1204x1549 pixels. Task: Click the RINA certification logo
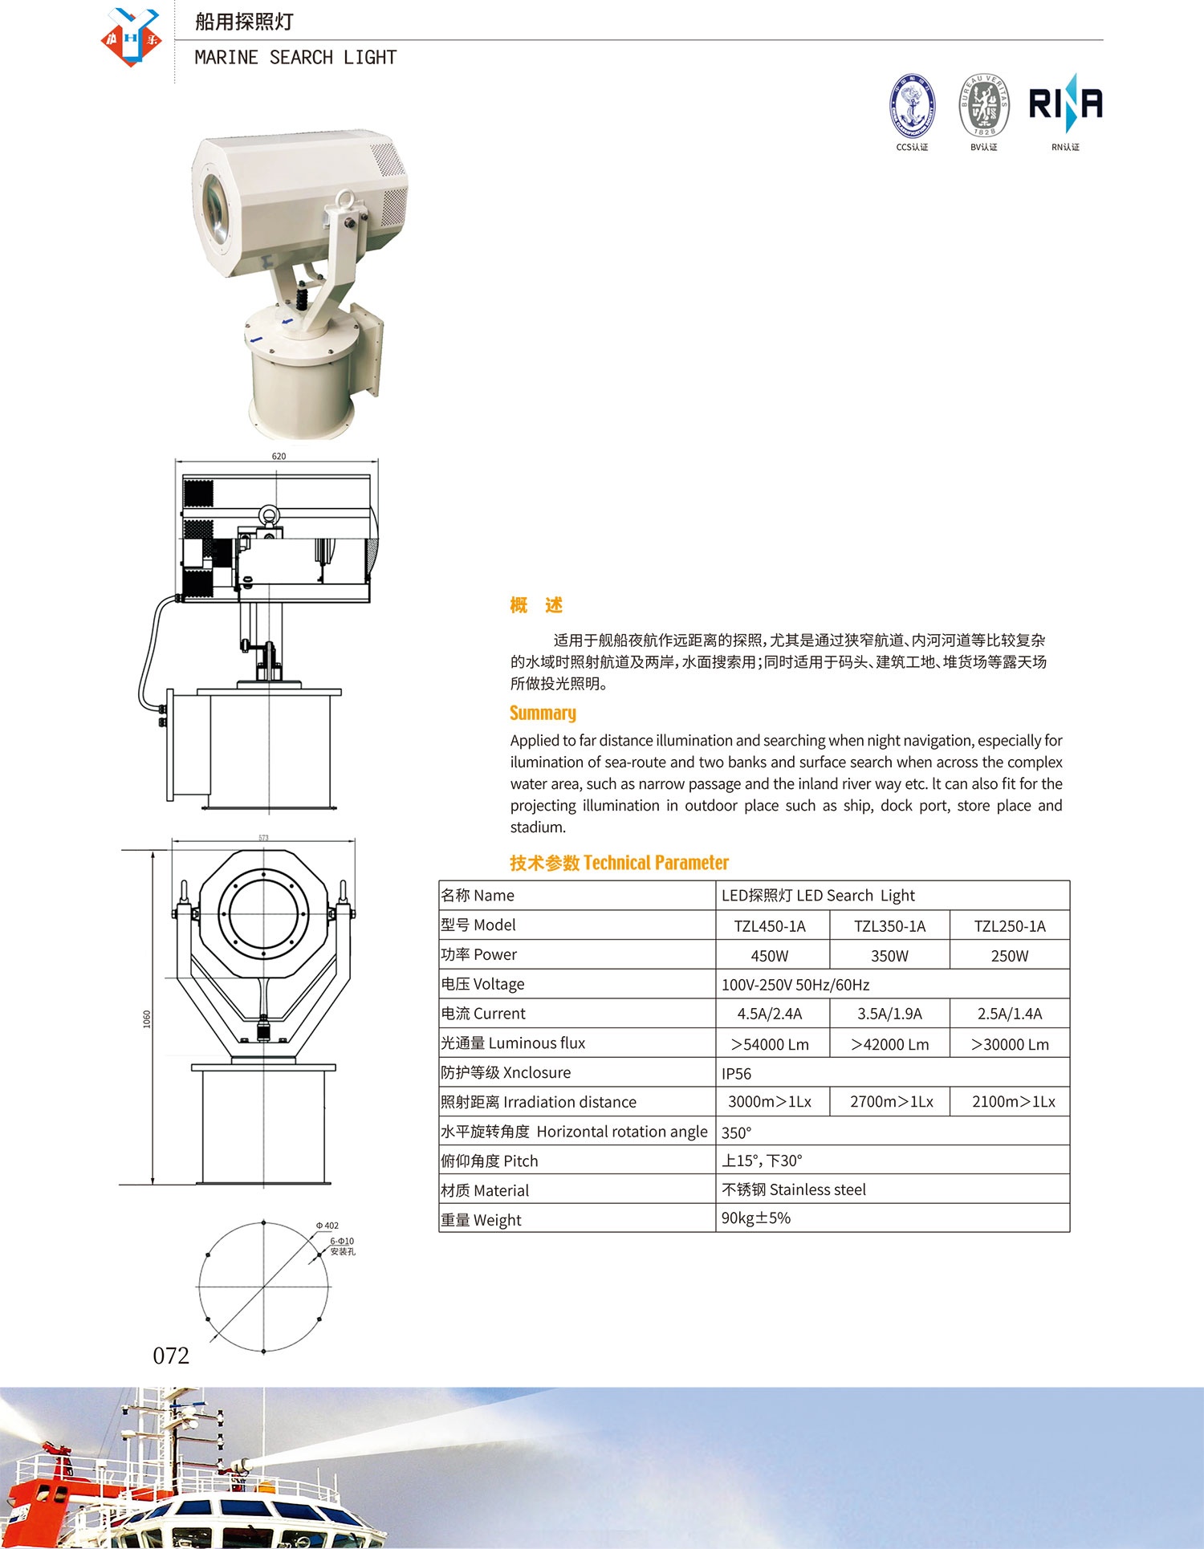tap(1065, 104)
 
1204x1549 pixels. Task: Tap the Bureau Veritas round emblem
tap(983, 105)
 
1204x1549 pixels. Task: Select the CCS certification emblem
tap(912, 105)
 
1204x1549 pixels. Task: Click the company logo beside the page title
tap(131, 37)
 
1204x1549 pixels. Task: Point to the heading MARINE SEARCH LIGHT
tap(295, 58)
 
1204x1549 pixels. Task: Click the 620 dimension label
tap(279, 456)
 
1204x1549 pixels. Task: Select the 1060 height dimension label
tap(147, 1019)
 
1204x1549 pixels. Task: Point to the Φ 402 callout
tap(327, 1226)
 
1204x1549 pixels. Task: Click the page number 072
tap(171, 1356)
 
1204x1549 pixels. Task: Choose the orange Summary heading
tap(543, 713)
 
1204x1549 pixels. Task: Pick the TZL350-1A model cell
tap(889, 926)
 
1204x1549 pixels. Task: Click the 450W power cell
tap(769, 956)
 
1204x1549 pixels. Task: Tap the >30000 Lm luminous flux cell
tap(1010, 1044)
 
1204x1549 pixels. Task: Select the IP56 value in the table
tap(736, 1074)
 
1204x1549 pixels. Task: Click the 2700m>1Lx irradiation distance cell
tap(891, 1102)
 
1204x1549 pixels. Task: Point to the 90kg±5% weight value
tap(755, 1218)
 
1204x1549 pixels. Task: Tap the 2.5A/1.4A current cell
tap(1010, 1014)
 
